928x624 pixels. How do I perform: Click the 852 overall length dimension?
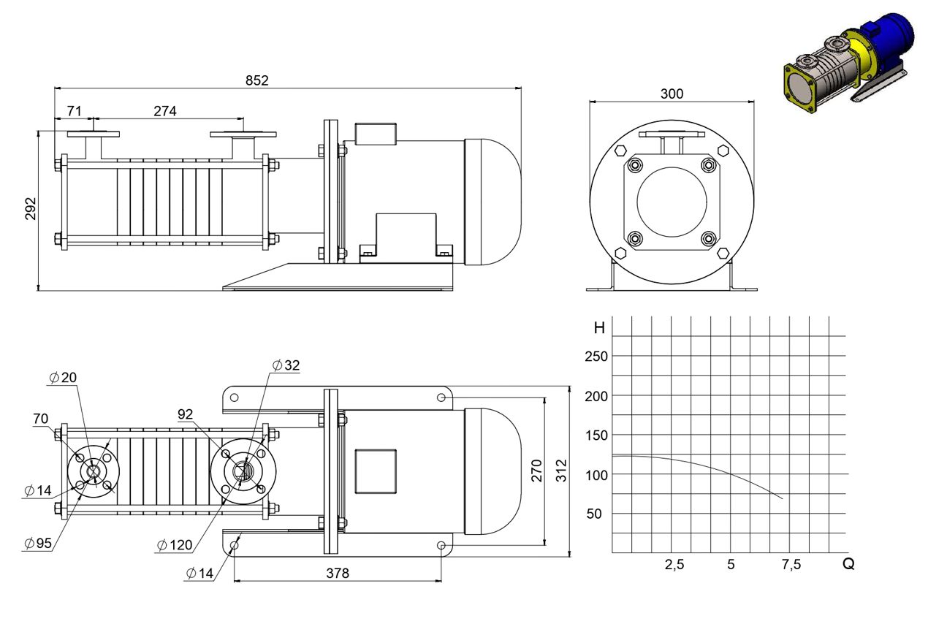[x=257, y=80]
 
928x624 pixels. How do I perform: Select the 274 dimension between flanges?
[x=165, y=111]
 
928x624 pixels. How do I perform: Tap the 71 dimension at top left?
[x=74, y=111]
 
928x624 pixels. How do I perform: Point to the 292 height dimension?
[x=31, y=208]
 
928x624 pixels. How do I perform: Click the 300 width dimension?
[x=672, y=94]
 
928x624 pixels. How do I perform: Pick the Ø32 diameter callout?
[x=286, y=365]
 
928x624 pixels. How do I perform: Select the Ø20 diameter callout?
[x=63, y=378]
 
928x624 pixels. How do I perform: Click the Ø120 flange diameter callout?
[x=175, y=545]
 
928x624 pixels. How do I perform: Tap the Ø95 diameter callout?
[x=38, y=543]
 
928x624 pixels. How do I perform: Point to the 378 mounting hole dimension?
[x=338, y=573]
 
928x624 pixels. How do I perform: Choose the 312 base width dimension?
[x=561, y=471]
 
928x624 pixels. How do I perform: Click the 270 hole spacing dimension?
[x=536, y=471]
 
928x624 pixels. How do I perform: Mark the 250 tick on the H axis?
[x=596, y=357]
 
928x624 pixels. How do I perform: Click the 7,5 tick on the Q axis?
[x=791, y=564]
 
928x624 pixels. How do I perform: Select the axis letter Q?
[x=848, y=564]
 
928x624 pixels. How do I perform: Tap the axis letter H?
[x=599, y=328]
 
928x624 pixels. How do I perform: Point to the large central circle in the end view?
[x=672, y=167]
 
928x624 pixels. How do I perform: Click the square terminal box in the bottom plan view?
[x=376, y=471]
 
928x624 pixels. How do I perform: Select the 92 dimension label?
[x=185, y=414]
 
